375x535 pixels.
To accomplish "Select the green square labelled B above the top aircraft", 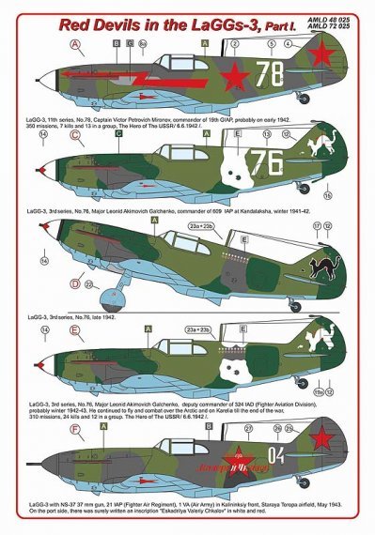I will pyautogui.click(x=116, y=43).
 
